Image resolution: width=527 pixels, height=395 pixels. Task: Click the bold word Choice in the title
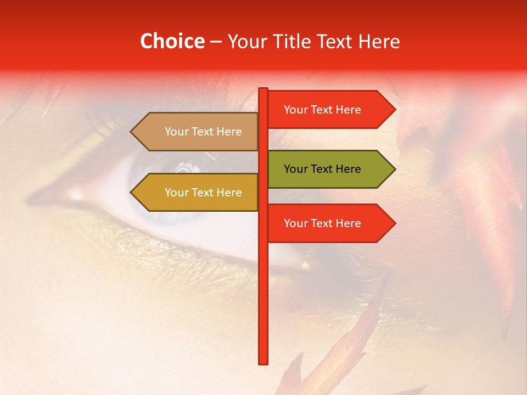(172, 41)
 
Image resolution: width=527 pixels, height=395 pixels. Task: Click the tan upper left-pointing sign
(198, 132)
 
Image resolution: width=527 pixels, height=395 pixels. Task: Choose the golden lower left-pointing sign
(198, 193)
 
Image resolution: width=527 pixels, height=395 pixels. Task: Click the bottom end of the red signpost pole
(263, 362)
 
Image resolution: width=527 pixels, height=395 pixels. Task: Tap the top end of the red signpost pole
(263, 89)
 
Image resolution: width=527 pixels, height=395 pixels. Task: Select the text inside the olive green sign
(322, 169)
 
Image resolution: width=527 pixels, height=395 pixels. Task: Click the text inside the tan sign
(203, 132)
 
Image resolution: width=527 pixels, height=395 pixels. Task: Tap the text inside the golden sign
(203, 193)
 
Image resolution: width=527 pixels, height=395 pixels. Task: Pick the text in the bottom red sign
(322, 223)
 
